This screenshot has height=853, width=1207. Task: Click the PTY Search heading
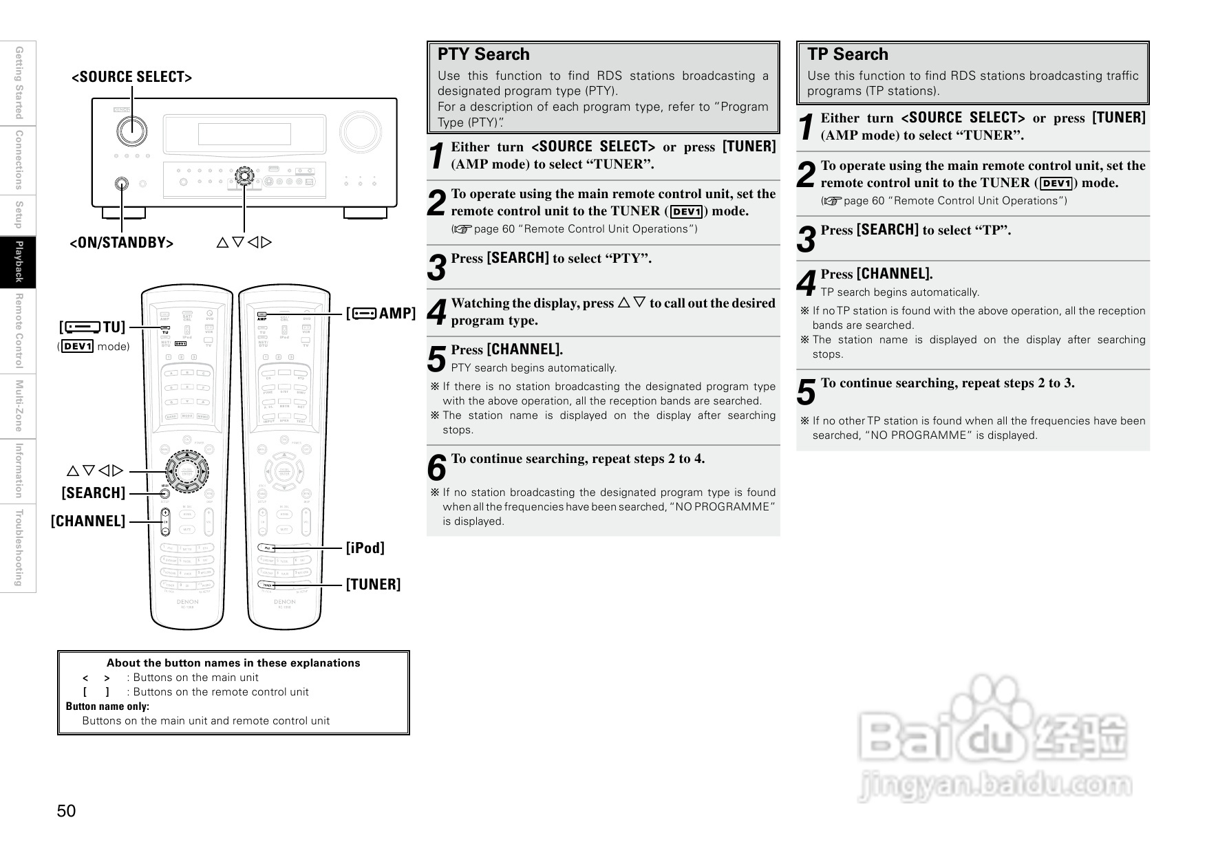tap(483, 54)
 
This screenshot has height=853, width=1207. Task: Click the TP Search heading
tap(847, 54)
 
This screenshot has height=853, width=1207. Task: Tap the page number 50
tap(67, 811)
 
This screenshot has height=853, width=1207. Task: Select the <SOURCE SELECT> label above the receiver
tap(131, 77)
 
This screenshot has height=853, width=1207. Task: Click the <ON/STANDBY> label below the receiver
tap(122, 243)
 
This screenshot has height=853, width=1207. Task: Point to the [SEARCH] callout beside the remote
tap(94, 493)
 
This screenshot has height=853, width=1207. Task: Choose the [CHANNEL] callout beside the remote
tap(88, 521)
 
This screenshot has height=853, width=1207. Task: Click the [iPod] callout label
tap(365, 548)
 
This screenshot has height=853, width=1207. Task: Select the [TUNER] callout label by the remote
tap(373, 585)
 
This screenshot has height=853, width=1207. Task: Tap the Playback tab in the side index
tap(19, 262)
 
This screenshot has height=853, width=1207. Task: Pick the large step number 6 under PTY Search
tap(437, 468)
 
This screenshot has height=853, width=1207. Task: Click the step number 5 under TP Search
tap(807, 393)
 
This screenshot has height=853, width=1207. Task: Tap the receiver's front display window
tap(244, 134)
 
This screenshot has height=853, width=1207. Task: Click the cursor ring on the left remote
tap(186, 471)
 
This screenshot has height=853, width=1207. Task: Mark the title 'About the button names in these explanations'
tap(233, 663)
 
